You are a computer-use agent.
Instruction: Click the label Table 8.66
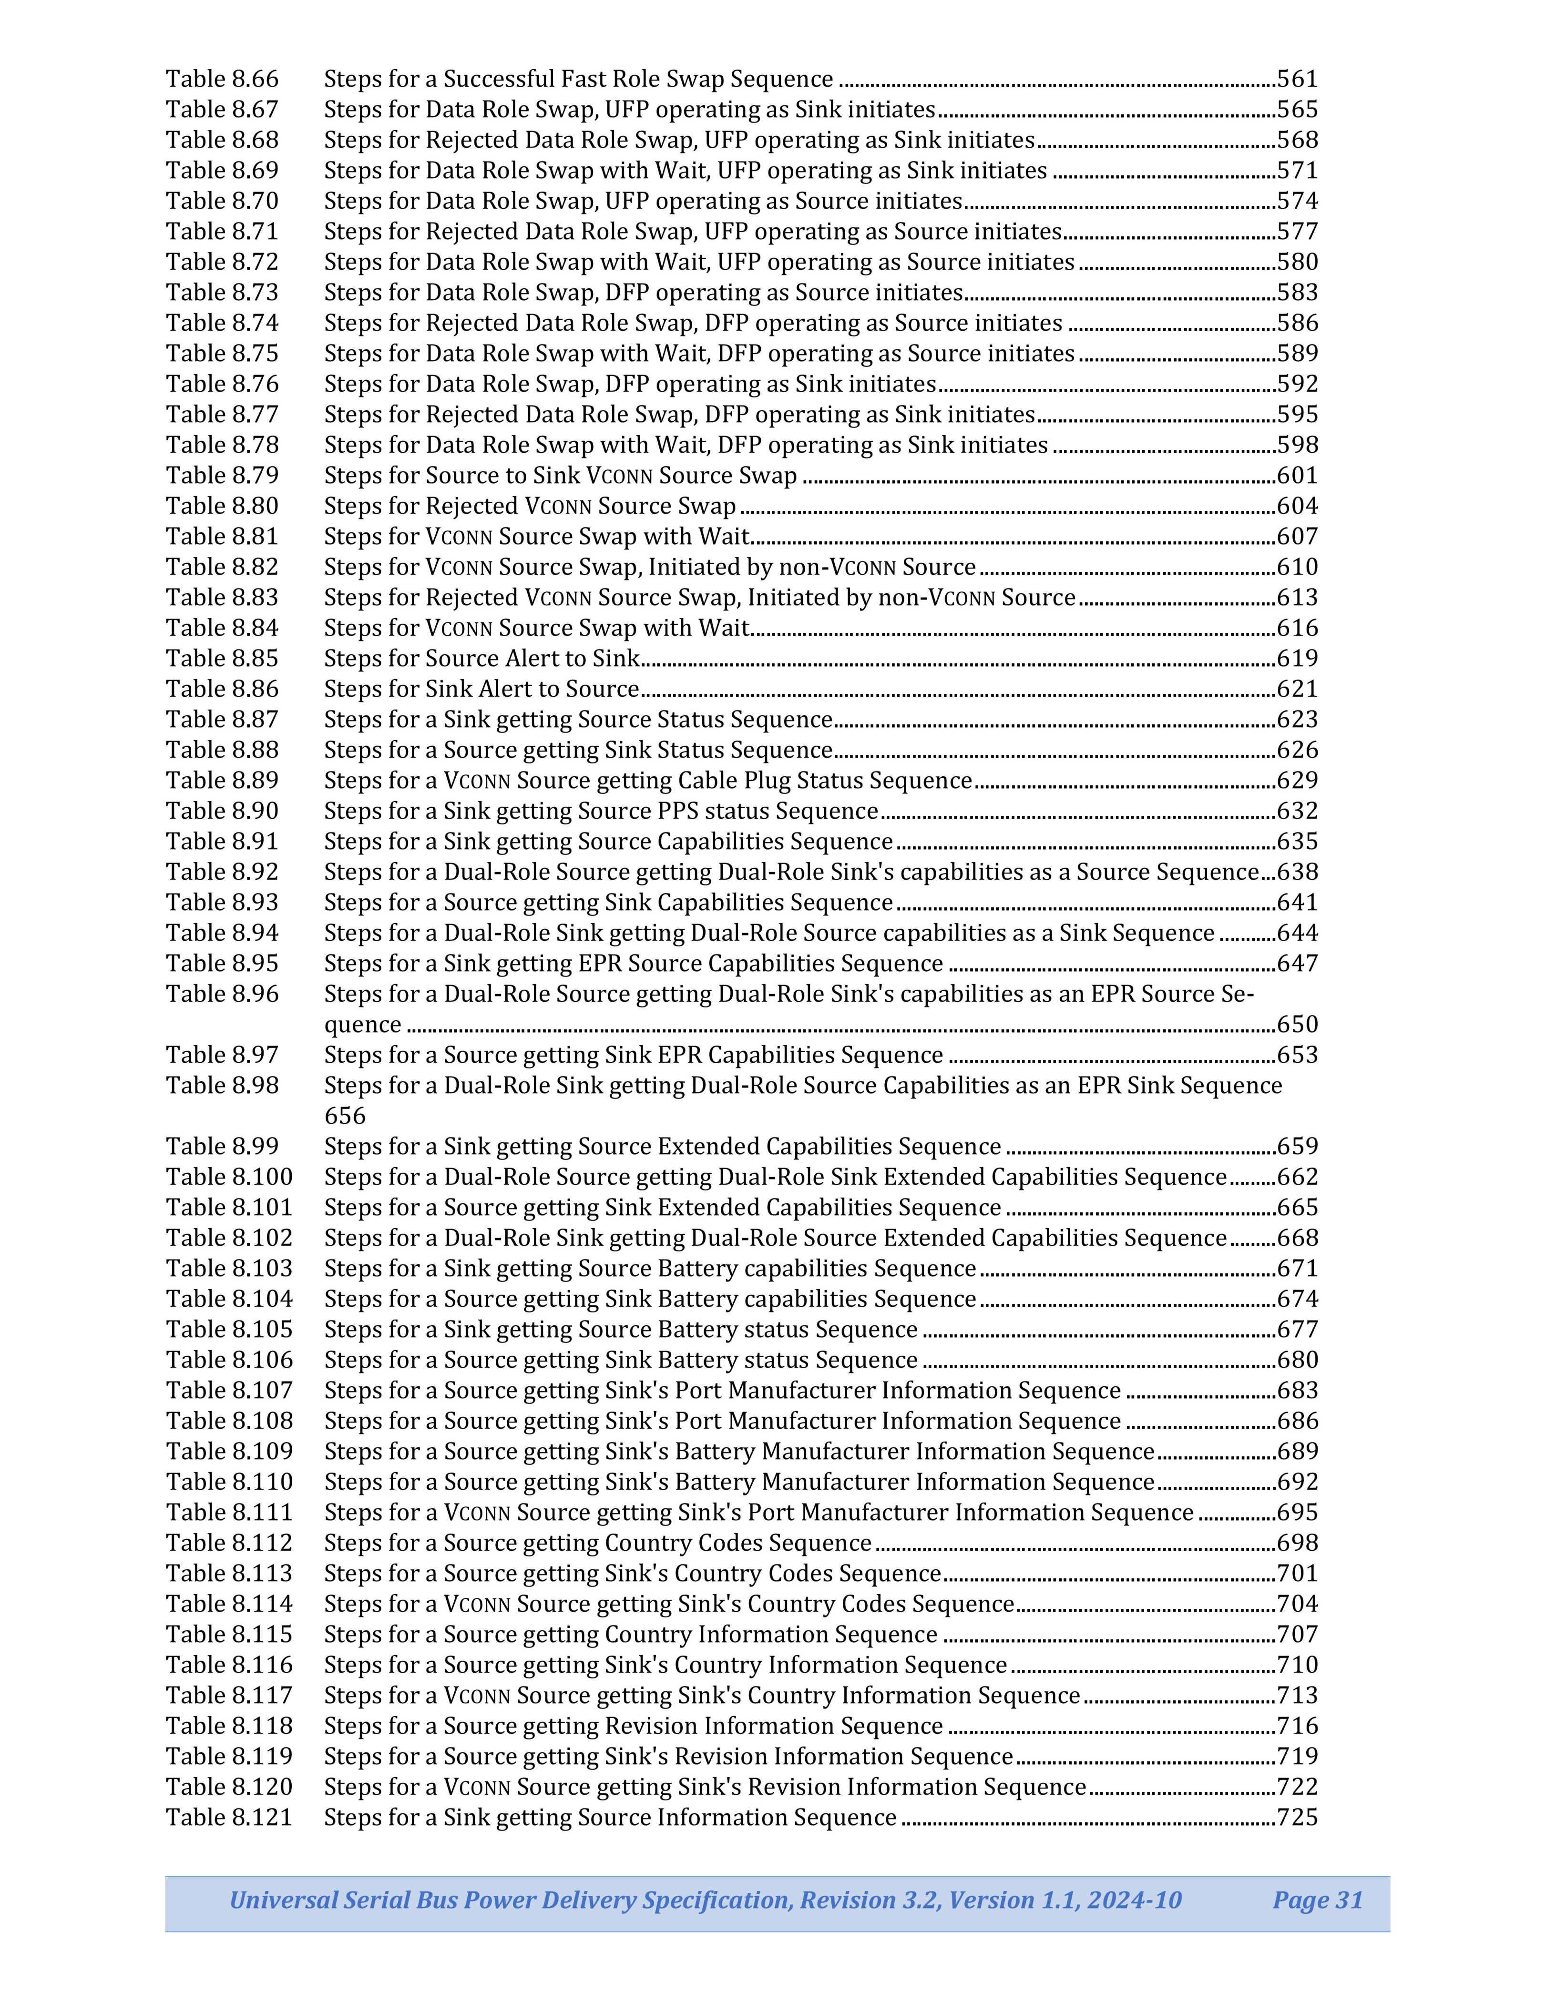[222, 79]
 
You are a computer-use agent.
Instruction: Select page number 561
[1297, 79]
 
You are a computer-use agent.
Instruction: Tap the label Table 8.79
[222, 476]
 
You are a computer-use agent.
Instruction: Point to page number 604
[1297, 506]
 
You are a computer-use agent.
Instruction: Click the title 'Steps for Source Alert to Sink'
[481, 658]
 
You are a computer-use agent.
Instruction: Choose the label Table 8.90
[222, 811]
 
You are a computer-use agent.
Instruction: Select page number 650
[1297, 1024]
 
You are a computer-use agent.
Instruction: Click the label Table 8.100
[229, 1177]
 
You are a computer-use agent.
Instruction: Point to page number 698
[1297, 1543]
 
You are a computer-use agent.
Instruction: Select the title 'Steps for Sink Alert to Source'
[481, 689]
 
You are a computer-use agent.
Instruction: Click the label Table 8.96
[222, 994]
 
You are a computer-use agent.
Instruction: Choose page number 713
[1297, 1695]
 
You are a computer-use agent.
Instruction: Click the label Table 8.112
[229, 1543]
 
